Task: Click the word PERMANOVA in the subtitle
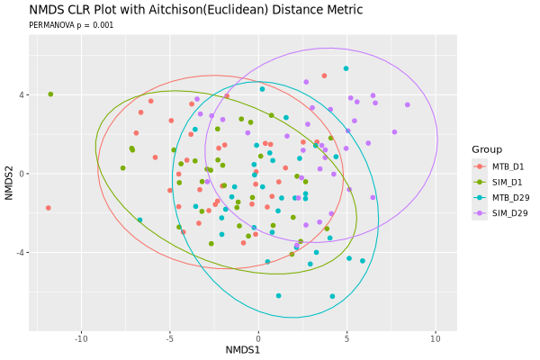pos(51,25)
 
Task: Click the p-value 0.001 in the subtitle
pos(103,25)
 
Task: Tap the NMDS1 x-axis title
pos(243,350)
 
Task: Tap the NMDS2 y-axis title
pos(9,183)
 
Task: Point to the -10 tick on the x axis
pos(81,339)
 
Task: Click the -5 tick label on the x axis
pos(170,339)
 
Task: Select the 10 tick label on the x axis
pos(436,339)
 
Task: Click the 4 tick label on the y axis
pos(22,94)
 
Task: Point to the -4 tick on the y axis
pos(21,253)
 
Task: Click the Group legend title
pos(487,149)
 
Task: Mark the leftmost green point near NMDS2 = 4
pos(50,94)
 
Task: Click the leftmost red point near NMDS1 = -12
pos(49,208)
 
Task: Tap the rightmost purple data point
pos(408,104)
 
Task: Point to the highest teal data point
pos(346,68)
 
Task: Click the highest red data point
pos(324,76)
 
